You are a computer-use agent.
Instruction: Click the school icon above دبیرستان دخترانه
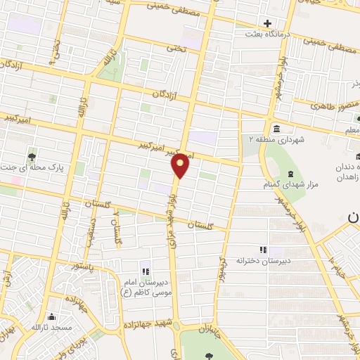[263, 249]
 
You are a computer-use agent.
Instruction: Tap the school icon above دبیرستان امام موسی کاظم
[145, 271]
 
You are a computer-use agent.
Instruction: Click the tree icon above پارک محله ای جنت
[32, 156]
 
